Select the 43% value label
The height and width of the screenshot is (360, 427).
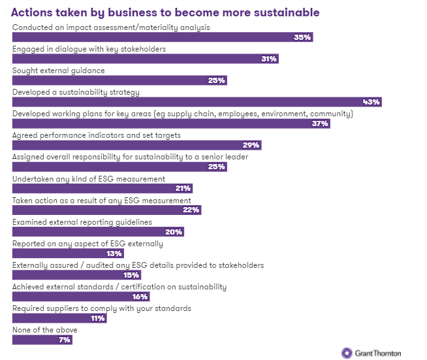coord(372,102)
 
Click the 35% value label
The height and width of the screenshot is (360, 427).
coord(303,37)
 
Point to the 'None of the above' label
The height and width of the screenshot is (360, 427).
coord(45,330)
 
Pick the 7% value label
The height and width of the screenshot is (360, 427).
coord(64,340)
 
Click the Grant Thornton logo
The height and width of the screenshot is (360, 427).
coord(372,353)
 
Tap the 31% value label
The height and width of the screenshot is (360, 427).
coord(268,59)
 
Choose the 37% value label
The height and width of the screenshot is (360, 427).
coord(320,123)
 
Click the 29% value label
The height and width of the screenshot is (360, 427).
coord(251,145)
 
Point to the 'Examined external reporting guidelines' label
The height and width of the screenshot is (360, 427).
coord(82,222)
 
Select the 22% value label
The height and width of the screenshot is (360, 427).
coord(191,210)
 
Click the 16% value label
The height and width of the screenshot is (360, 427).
coord(140,297)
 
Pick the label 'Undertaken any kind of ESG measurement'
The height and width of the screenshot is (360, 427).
coord(89,179)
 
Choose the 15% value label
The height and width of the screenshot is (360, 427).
coord(131,275)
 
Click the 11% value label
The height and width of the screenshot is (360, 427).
coord(98,318)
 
